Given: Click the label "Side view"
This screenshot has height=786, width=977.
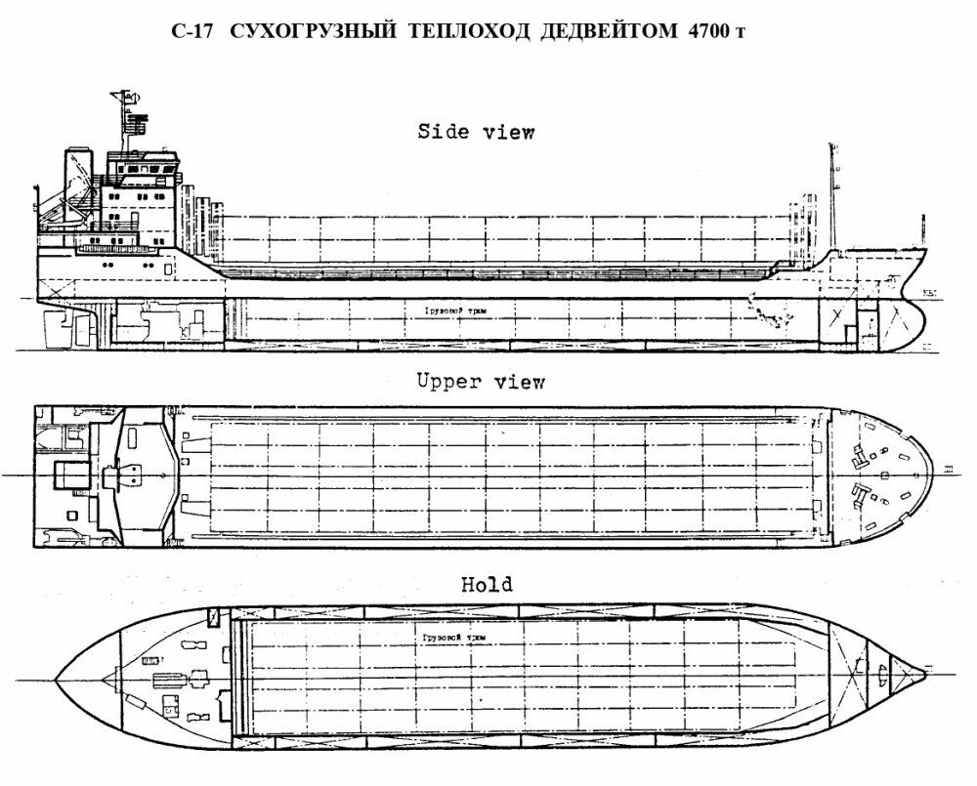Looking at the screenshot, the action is click(x=476, y=132).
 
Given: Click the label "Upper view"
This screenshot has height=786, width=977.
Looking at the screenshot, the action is click(x=480, y=382).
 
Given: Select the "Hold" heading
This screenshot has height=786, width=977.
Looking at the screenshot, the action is click(x=486, y=585).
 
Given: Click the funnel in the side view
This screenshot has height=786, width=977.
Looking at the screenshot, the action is click(x=75, y=181).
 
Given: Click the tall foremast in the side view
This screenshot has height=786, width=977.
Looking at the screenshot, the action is click(x=832, y=195).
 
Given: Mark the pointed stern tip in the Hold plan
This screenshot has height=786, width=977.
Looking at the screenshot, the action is click(x=59, y=678).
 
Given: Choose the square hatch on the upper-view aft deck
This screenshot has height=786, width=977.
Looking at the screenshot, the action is click(x=69, y=476).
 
